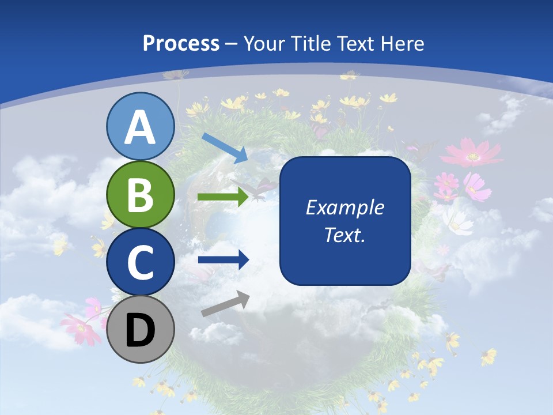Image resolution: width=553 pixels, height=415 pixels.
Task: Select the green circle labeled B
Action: [x=141, y=195]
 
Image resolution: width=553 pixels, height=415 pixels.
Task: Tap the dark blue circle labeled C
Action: [x=141, y=262]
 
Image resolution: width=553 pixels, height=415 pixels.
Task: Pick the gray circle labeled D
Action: [x=141, y=330]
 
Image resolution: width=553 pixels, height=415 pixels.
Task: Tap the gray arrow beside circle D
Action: [x=225, y=304]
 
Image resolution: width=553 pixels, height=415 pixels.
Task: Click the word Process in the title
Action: [x=181, y=43]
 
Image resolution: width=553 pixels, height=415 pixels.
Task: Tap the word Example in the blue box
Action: [x=344, y=207]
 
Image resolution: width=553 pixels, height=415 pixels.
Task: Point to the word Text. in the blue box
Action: [x=344, y=235]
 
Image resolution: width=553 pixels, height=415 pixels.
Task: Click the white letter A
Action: [x=141, y=127]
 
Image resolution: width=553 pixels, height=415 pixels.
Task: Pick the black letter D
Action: [x=141, y=331]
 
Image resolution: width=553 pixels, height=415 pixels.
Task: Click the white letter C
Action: [x=141, y=263]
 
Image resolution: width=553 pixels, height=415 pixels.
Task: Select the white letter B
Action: [x=141, y=195]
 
